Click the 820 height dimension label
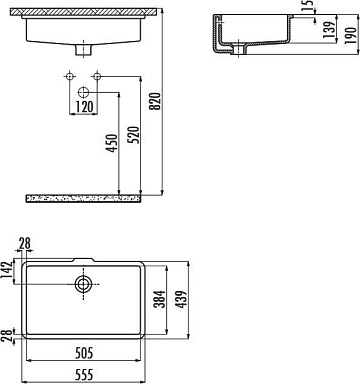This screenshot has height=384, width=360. click(155, 101)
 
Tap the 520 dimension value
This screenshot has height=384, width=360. click(133, 135)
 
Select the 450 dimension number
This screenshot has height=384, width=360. click(112, 143)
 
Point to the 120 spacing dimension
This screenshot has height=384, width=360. click(84, 107)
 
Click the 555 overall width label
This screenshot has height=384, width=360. click(84, 374)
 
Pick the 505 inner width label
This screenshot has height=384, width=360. click(84, 353)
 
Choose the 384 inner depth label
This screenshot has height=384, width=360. click(160, 299)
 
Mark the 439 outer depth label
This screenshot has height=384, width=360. click(182, 299)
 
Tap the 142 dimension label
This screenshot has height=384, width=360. click(7, 271)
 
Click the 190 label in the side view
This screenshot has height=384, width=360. click(351, 36)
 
